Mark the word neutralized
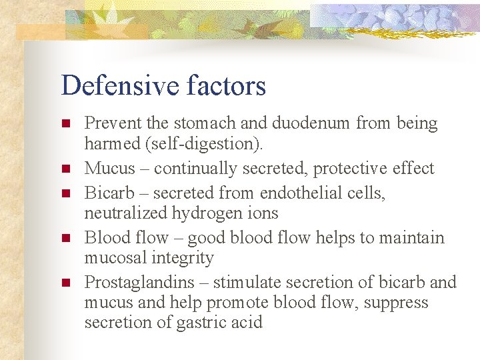[128, 213]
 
